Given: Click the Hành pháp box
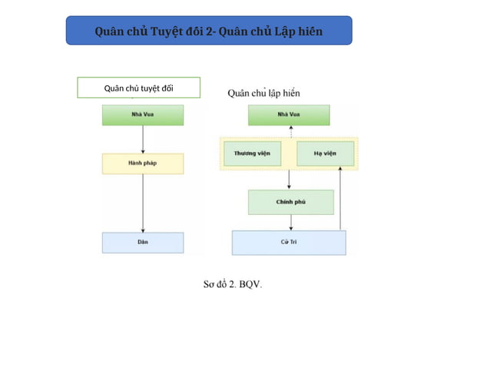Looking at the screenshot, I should tap(143, 164).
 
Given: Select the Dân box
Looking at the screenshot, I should tap(143, 243).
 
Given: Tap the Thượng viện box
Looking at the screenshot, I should tap(252, 154).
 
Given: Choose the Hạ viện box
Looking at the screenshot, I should tap(325, 154).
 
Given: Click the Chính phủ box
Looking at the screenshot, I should tap(290, 202).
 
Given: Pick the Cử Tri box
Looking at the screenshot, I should tap(289, 243).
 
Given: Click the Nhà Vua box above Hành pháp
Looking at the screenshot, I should tap(143, 115).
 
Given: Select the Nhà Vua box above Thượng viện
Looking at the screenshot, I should tap(289, 115).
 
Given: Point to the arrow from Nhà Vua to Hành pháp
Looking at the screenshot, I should tap(143, 139).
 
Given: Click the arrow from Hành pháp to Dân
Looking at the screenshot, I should tap(143, 203).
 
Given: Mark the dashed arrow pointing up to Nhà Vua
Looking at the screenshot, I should tap(290, 131).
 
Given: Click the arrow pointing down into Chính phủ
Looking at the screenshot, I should tap(289, 180).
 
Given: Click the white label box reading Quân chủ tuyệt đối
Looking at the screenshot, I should tap(139, 88).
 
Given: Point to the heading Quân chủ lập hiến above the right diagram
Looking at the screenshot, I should tap(263, 93).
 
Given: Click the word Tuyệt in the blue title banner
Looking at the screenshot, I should tap(165, 31).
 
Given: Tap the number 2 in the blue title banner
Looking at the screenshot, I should tap(210, 31).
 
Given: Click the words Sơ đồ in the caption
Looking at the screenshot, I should tap(215, 284).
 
